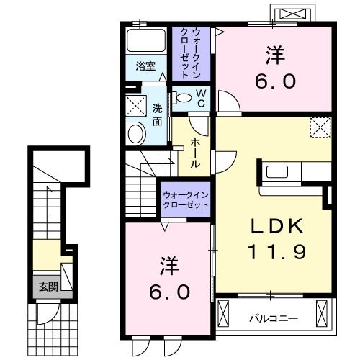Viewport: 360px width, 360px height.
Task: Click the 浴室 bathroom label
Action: (x=146, y=66)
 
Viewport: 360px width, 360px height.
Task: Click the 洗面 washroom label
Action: (x=157, y=115)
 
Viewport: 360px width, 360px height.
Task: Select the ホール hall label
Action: (x=196, y=153)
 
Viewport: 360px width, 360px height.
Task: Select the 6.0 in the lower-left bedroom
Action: (x=170, y=293)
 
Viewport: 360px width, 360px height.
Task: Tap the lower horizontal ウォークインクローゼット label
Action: (x=185, y=199)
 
